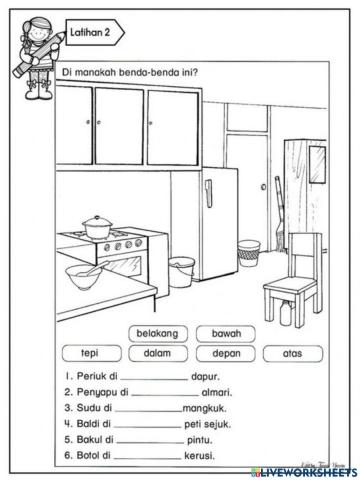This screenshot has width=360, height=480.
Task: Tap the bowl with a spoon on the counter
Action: pos(81,272)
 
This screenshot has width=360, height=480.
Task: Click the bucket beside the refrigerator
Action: pos(181,270)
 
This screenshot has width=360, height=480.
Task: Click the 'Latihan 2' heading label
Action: pos(95,33)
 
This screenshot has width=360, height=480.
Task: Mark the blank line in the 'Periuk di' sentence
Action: pos(151,379)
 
